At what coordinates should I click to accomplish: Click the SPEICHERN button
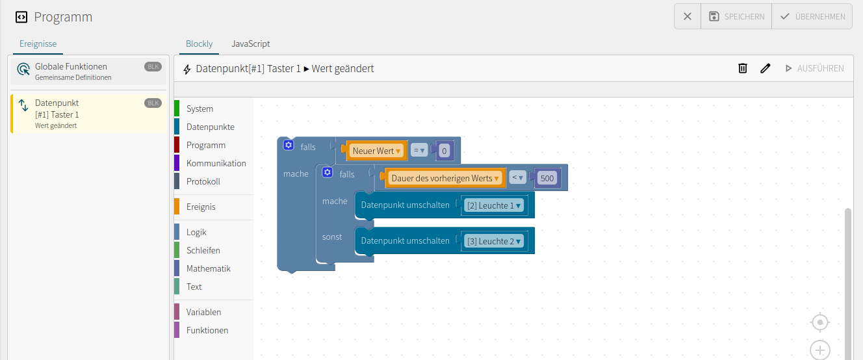736,17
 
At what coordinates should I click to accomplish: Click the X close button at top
688,17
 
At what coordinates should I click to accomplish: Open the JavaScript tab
250,44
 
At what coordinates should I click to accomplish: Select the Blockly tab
200,44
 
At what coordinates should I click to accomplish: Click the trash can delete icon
742,68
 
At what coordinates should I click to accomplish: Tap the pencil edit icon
765,68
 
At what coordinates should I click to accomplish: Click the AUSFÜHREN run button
814,68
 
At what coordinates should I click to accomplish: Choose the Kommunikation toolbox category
216,163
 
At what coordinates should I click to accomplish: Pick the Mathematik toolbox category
208,268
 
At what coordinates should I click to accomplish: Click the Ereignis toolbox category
201,207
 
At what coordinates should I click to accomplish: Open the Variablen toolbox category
203,312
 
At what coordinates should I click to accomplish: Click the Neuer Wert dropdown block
376,151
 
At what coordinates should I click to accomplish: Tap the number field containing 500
547,178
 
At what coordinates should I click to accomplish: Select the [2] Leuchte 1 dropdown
493,205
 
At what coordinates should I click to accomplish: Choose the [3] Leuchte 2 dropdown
493,241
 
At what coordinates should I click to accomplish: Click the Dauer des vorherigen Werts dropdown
445,178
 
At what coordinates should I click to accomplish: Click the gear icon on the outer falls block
289,146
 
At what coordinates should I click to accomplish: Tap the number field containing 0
444,151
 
